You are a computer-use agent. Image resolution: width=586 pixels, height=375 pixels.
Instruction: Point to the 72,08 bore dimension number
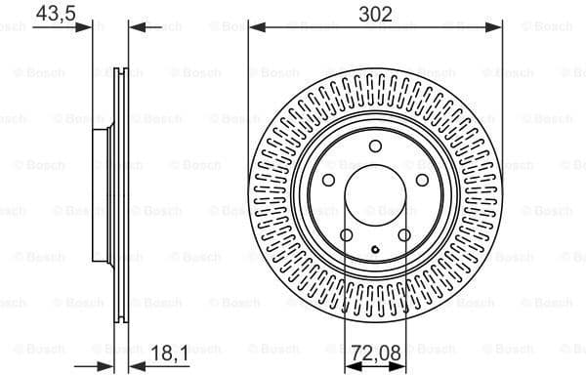(x=375, y=350)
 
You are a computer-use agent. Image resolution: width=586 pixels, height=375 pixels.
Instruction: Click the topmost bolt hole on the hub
(x=375, y=146)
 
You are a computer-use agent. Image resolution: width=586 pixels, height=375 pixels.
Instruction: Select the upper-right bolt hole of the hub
(x=422, y=180)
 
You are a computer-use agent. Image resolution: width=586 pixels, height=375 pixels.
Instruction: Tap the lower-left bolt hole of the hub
(x=347, y=234)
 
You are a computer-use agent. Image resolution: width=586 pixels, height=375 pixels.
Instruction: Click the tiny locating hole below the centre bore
(x=375, y=252)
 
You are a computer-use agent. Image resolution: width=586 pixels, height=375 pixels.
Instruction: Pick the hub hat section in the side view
(x=101, y=195)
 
